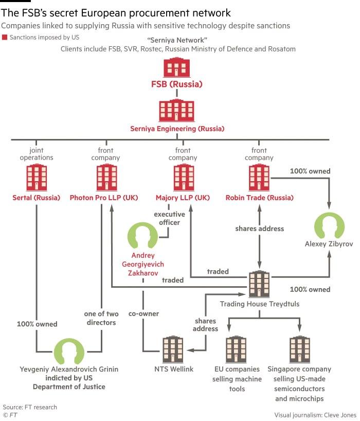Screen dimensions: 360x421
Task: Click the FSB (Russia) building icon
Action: [x=176, y=67]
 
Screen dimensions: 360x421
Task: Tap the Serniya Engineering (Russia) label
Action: [x=177, y=129]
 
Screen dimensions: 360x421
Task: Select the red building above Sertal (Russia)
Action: [x=37, y=177]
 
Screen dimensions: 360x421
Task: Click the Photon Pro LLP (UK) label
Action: [x=104, y=198]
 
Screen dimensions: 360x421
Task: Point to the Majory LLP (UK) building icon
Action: [x=184, y=177]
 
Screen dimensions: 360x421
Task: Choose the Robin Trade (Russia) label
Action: [x=259, y=198]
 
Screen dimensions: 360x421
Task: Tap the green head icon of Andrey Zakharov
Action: [x=142, y=235]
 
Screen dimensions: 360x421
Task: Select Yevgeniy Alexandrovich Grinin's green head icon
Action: [x=69, y=351]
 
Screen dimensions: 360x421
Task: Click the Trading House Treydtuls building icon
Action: [x=259, y=284]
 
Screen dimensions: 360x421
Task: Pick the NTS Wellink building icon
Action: [x=173, y=349]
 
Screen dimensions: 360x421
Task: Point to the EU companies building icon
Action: [x=236, y=349]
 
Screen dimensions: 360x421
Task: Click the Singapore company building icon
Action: [x=300, y=349]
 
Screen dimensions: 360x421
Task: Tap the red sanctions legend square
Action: [x=4, y=37]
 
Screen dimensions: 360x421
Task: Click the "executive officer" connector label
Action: [x=169, y=218]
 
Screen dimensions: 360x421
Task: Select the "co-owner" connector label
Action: [x=143, y=313]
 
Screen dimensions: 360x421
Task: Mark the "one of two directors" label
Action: [x=101, y=318]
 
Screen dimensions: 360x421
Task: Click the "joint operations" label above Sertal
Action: [x=37, y=154]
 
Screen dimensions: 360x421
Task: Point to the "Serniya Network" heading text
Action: [x=177, y=40]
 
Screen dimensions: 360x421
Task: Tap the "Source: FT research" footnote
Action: [x=30, y=407]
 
